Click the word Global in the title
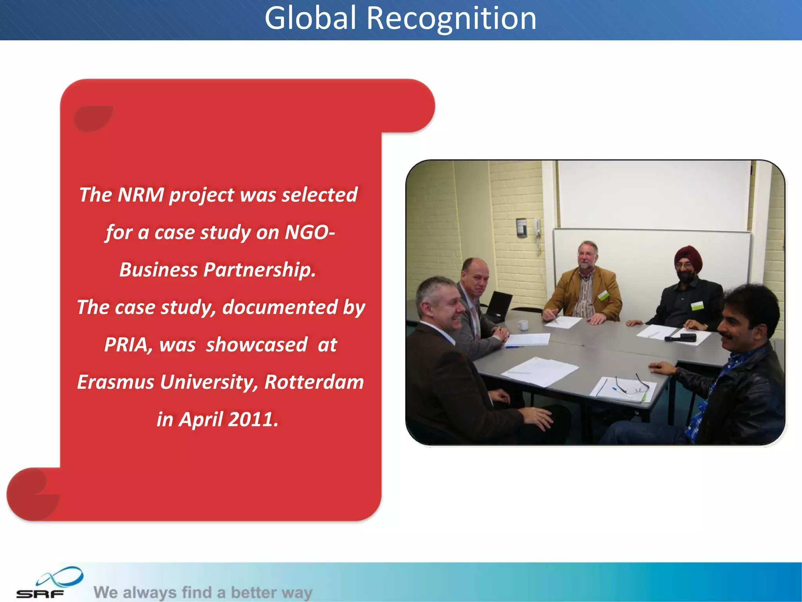pyautogui.click(x=311, y=18)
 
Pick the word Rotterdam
pyautogui.click(x=314, y=382)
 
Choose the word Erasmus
pyautogui.click(x=116, y=382)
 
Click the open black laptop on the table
pyautogui.click(x=498, y=306)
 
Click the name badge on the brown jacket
pyautogui.click(x=603, y=295)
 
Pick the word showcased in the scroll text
pyautogui.click(x=257, y=345)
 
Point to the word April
pyautogui.click(x=201, y=419)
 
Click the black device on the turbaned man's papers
pyautogui.click(x=681, y=337)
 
